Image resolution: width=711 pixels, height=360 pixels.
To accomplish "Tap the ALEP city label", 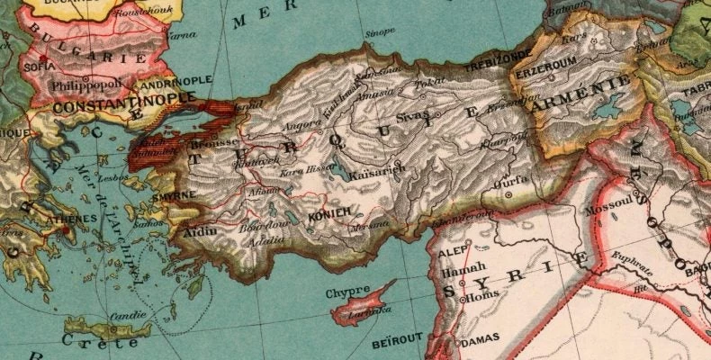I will coord(450,254).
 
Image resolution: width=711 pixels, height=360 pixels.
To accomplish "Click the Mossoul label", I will coord(604,210).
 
